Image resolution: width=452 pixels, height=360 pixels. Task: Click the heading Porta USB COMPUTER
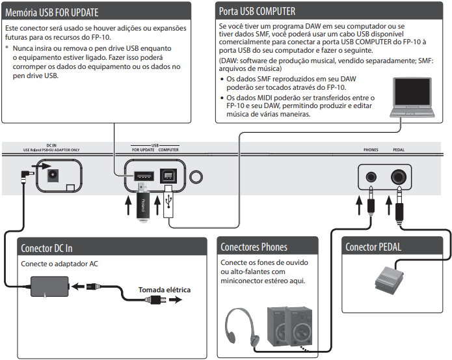(257, 11)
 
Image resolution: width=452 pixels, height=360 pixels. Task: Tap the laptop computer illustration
(414, 98)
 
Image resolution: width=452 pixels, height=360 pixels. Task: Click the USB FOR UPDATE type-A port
(143, 175)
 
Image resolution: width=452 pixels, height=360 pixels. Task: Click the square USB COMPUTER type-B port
(168, 175)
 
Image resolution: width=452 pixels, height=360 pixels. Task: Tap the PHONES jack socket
(371, 176)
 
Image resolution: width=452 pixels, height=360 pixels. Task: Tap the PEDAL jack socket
(399, 176)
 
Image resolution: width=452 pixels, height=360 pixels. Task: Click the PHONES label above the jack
(371, 149)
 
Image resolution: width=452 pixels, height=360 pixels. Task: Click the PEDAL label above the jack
(399, 149)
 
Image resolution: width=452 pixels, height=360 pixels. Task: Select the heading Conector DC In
(46, 248)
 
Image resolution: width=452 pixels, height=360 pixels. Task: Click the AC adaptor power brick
(49, 287)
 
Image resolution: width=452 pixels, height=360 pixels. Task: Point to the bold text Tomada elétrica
(165, 290)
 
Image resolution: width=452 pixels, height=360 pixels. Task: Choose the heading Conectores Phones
(254, 247)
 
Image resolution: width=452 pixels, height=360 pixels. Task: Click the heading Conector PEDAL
(373, 247)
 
